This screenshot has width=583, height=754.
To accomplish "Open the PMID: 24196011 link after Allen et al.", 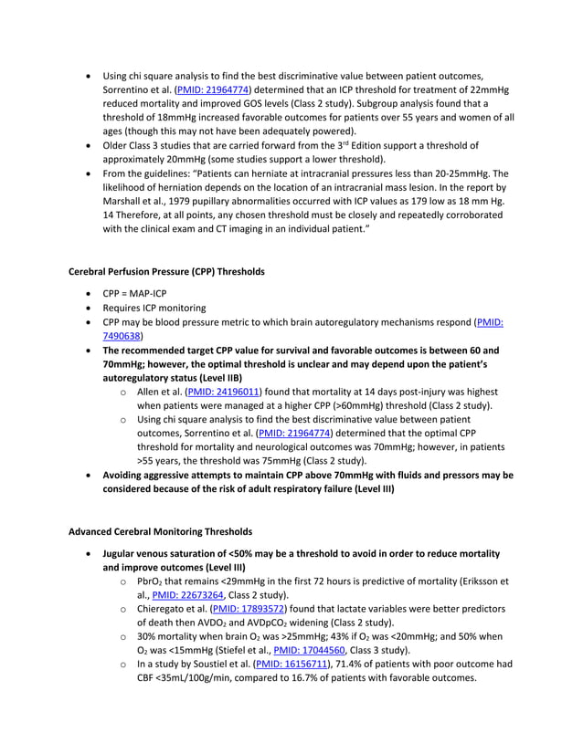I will click(x=223, y=392).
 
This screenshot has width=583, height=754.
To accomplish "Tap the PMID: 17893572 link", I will click(x=248, y=608).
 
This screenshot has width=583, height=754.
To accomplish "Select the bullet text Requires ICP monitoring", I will click(x=154, y=309).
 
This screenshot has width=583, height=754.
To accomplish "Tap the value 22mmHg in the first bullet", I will click(x=487, y=89).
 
